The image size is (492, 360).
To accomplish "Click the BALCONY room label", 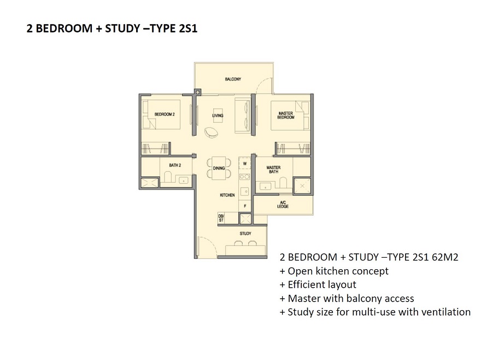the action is tap(233, 79).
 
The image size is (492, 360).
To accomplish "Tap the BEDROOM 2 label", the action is tap(165, 114).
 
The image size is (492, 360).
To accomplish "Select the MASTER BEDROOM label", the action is tap(286, 115).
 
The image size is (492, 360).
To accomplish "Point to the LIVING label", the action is tap(218, 115).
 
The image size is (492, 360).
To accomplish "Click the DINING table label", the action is tap(219, 168).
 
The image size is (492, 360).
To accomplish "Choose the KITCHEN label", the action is tap(227, 195).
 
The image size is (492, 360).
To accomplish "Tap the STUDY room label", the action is tap(245, 234).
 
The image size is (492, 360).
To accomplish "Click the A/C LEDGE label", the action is tap(283, 205).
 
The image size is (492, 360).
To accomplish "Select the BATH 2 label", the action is tap(175, 165).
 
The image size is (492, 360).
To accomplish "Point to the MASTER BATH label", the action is tap(273, 170).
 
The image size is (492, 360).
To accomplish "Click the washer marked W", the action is tap(245, 164).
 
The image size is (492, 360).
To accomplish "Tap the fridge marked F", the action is tap(245, 206).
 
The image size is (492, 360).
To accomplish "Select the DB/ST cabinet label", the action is tap(221, 218).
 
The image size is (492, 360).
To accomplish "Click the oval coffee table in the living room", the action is tap(211, 132).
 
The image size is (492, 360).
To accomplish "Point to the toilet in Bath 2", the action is tap(167, 177).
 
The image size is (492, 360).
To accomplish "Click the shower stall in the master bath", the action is tap(302, 186).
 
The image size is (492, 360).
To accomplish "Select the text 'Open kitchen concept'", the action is tap(338, 271).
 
